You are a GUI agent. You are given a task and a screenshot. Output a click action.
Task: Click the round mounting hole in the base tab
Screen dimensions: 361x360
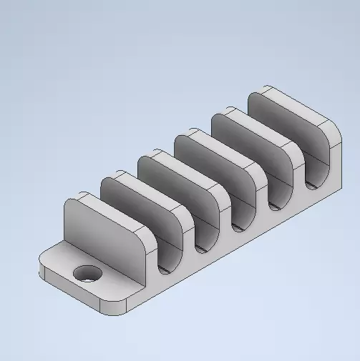89,273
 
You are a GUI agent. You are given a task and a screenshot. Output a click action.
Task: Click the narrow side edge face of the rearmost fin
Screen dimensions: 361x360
334,154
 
